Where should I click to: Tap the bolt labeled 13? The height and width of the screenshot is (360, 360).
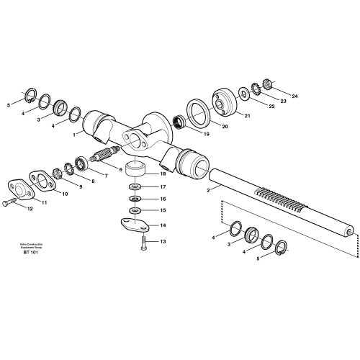click(x=143, y=243)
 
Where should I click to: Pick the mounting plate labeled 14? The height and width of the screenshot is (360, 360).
click(x=133, y=225)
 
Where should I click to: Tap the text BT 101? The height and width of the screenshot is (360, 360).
click(x=30, y=253)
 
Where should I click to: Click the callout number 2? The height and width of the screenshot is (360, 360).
click(x=207, y=191)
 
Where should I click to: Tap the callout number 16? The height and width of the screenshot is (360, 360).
click(x=163, y=199)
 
